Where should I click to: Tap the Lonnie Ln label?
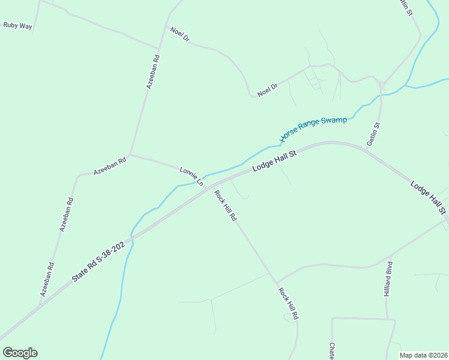(x=191, y=176)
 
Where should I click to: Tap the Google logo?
(x=20, y=353)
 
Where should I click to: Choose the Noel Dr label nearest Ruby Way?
(x=179, y=34)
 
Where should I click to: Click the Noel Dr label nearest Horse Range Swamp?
(x=268, y=90)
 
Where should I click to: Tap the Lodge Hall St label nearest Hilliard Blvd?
(x=429, y=196)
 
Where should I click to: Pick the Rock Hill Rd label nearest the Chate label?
(x=289, y=302)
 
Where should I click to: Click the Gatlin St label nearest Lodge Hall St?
(x=373, y=134)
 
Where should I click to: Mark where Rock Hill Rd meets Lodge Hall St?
(x=211, y=187)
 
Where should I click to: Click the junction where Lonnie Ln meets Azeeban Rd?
(x=130, y=155)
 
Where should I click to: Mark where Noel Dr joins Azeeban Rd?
(x=159, y=48)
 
